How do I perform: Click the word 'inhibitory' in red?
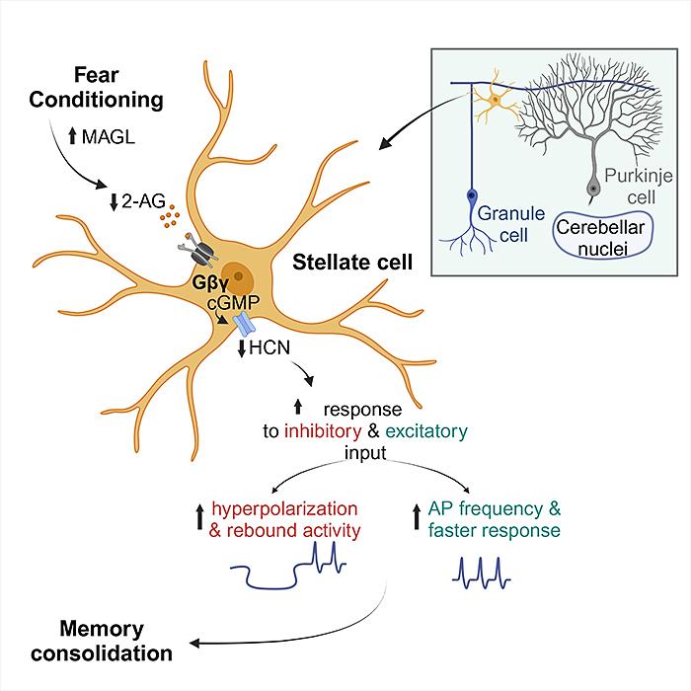(323, 429)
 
